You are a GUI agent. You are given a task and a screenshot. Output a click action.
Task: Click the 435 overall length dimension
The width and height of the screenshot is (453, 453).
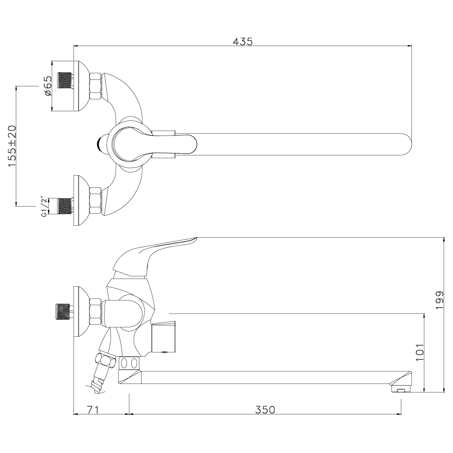coord(242,42)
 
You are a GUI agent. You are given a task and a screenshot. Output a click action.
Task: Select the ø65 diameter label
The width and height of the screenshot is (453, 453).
coord(47,86)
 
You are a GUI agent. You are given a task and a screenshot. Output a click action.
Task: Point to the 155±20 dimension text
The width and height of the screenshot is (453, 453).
coord(12,146)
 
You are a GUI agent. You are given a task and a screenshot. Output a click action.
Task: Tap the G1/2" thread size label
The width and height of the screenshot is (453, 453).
coord(45,207)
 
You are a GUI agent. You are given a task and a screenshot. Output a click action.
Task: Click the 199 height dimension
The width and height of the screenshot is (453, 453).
coord(439,300)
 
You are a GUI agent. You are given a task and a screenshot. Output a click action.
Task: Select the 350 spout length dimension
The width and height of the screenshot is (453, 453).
coord(265,409)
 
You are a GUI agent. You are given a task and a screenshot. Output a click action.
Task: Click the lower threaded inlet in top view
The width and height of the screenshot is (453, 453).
coord(65,206)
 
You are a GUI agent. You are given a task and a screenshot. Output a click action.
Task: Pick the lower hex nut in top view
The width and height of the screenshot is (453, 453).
coord(96,200)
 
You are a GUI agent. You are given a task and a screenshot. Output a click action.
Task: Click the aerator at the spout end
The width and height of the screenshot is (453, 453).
coord(401,389)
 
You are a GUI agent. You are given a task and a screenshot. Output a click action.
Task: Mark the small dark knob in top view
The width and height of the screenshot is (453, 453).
coord(100,144)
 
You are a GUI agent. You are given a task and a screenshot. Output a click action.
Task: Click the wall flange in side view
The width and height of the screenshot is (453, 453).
coord(81,311)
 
